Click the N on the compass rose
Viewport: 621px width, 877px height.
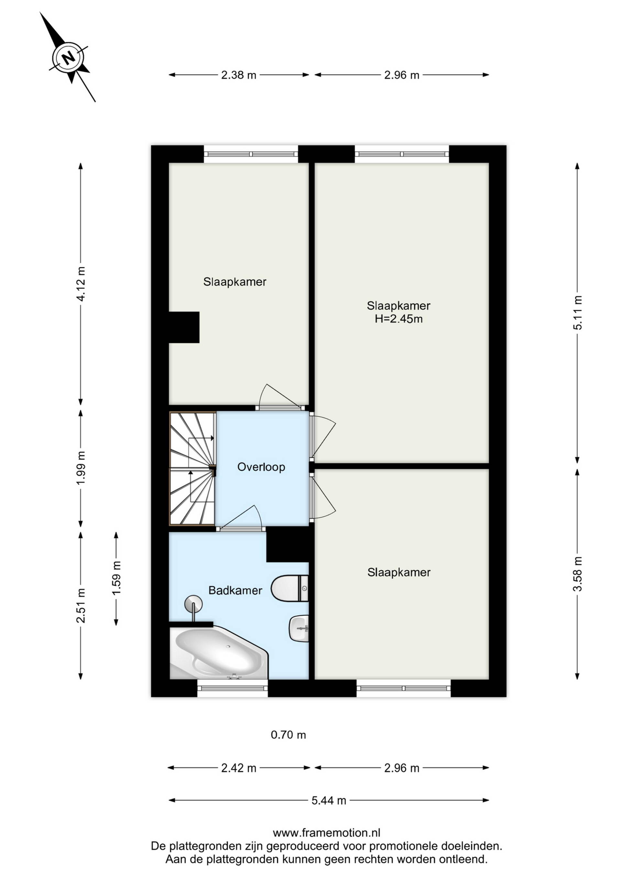(x=69, y=58)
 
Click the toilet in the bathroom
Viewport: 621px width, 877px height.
(x=289, y=588)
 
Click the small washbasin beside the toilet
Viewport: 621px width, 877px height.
(x=299, y=628)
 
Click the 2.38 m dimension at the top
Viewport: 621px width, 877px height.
(x=239, y=75)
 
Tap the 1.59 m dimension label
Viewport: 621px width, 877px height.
(x=116, y=577)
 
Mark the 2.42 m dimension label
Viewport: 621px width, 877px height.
(x=239, y=768)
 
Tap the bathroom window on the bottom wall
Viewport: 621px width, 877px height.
(x=233, y=688)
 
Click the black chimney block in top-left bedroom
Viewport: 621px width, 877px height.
(x=184, y=327)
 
